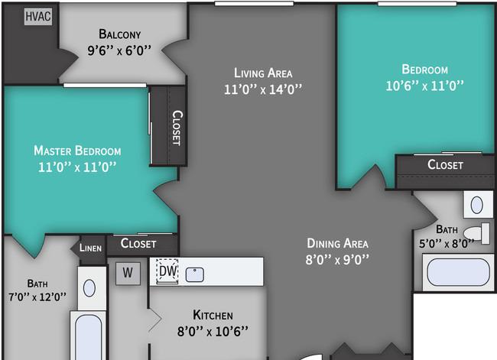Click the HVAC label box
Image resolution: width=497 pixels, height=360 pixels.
38,17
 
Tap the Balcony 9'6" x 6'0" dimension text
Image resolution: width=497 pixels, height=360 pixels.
119,50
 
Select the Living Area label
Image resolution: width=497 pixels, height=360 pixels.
263,73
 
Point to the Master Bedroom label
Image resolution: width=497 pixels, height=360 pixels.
77,151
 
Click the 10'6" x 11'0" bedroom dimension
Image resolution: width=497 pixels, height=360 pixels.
424,86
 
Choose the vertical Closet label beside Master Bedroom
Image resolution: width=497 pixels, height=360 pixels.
177,128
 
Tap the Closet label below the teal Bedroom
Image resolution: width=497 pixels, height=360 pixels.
445,164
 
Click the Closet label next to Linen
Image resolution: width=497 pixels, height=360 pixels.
138,243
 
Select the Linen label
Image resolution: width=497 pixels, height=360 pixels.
90,248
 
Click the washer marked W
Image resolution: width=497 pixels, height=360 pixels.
128,273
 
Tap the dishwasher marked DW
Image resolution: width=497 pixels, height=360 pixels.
167,271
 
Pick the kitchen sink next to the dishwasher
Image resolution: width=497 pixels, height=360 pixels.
195,274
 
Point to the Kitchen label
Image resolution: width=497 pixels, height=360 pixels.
213,315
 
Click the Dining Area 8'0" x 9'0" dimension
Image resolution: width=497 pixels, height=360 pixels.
337,260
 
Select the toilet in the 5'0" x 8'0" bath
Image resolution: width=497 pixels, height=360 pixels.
476,233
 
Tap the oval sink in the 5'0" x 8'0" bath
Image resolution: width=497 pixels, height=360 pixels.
477,205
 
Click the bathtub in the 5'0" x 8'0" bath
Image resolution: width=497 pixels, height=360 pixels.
458,272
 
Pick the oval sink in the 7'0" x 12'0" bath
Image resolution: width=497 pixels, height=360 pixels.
89,288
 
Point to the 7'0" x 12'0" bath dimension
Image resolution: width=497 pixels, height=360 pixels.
37,297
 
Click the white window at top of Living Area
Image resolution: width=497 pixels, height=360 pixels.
254,4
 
